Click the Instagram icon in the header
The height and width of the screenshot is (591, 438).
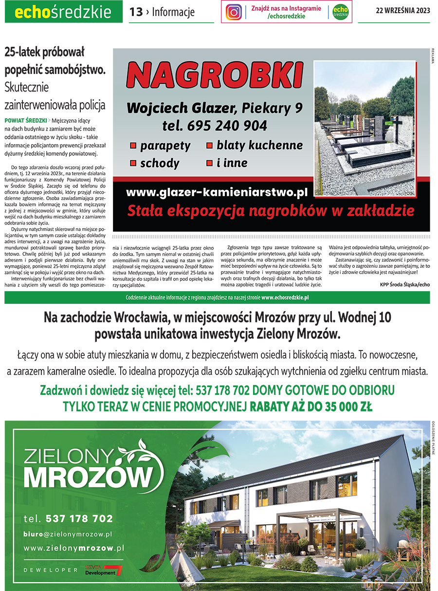234,12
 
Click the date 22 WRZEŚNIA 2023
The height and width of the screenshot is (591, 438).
403,12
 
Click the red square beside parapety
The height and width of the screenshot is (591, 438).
132,146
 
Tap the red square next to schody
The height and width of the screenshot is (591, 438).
132,163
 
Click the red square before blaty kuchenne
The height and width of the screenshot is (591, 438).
209,145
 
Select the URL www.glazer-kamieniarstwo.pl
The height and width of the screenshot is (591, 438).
217,192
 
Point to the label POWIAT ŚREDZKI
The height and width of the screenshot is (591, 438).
26,120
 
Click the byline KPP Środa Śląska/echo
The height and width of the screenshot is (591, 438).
405,285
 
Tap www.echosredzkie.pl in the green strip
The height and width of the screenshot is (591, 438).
285,297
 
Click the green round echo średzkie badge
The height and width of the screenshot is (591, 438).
340,12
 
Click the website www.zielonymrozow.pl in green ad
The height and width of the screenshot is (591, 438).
73,548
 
